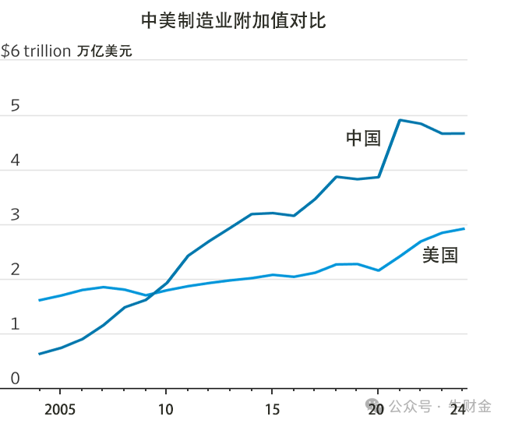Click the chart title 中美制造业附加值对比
pyautogui.click(x=234, y=20)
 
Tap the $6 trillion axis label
pyautogui.click(x=35, y=51)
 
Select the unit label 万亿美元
pyautogui.click(x=104, y=52)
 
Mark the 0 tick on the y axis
pyautogui.click(x=14, y=379)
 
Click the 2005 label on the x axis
pyautogui.click(x=60, y=408)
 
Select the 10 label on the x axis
pyautogui.click(x=166, y=408)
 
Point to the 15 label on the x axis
pyautogui.click(x=272, y=408)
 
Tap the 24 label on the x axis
pyautogui.click(x=458, y=408)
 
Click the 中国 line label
pyautogui.click(x=363, y=139)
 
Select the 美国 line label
pyautogui.click(x=439, y=255)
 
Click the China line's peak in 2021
pyautogui.click(x=399, y=120)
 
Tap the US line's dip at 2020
pyautogui.click(x=378, y=270)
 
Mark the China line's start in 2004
pyautogui.click(x=39, y=354)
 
